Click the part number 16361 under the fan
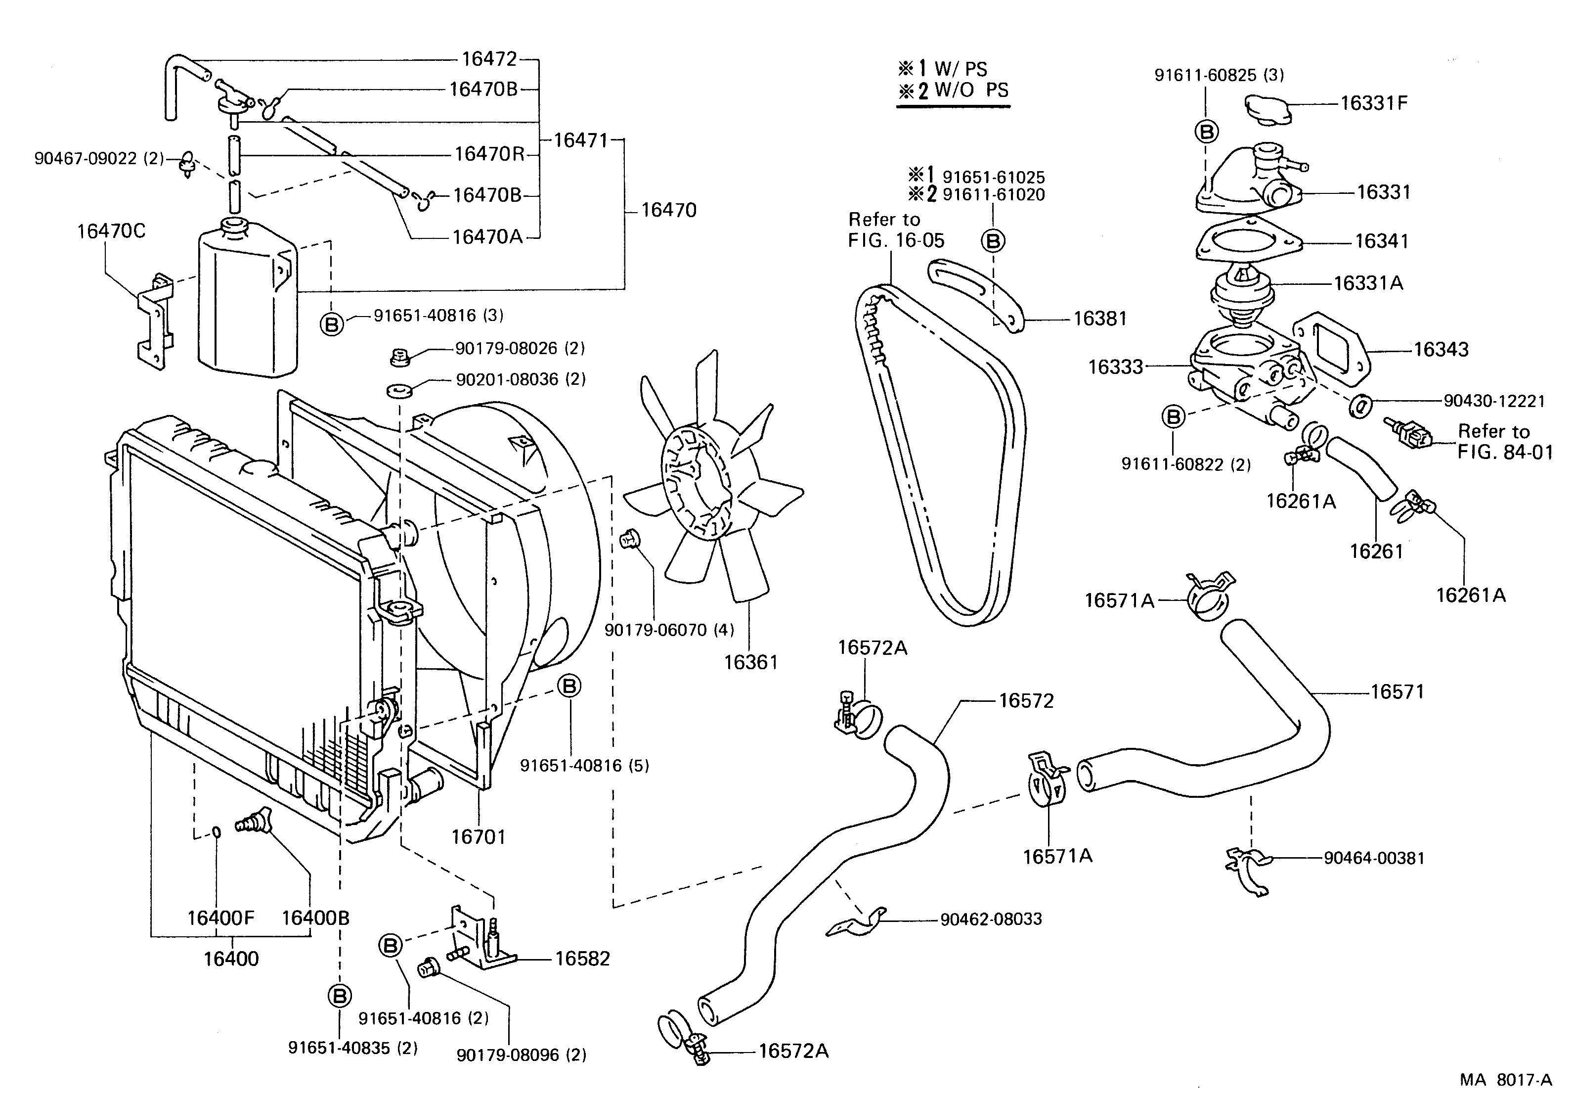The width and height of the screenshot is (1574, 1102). (x=751, y=662)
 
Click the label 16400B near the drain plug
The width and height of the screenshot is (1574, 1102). (x=315, y=918)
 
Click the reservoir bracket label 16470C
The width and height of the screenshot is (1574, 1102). (x=111, y=231)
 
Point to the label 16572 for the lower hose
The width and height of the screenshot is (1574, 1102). (x=1026, y=700)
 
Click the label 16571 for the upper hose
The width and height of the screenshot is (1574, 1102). (x=1397, y=691)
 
